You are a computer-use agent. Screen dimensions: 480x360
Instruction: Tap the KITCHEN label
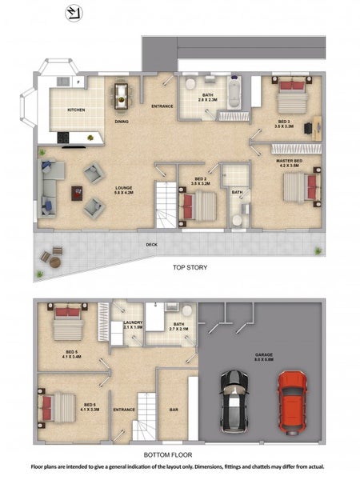pos(76,110)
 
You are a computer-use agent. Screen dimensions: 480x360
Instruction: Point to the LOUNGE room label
pos(122,190)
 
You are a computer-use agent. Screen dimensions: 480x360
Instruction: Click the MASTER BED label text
pos(289,163)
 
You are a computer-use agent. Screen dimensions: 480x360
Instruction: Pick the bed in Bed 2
pos(198,207)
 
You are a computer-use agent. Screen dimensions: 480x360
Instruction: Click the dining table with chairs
pos(121,95)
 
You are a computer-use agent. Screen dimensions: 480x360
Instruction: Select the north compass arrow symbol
pos(73,11)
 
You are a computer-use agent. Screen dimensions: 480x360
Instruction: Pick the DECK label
pos(151,245)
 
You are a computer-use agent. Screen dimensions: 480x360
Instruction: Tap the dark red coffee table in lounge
pos(77,192)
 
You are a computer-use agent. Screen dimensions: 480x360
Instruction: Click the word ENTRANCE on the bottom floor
pos(124,410)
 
